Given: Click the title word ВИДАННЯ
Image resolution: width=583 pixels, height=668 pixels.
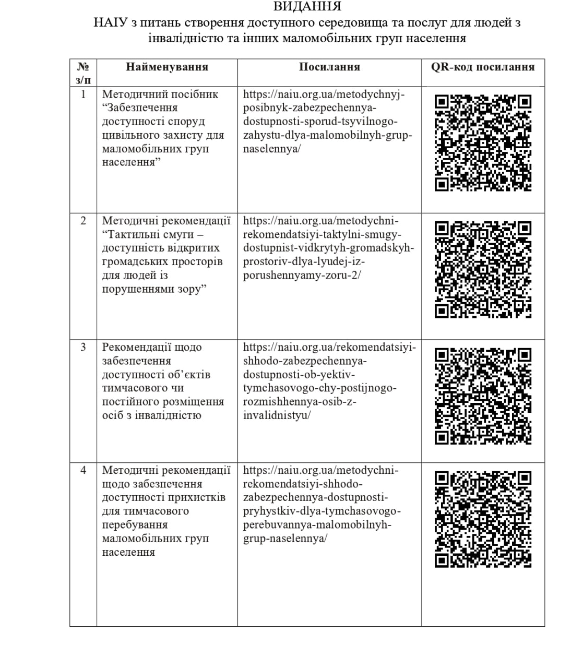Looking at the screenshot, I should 307,6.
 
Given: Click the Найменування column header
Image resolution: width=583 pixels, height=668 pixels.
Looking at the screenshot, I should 167,67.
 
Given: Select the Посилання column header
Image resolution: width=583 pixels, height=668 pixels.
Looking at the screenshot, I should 329,67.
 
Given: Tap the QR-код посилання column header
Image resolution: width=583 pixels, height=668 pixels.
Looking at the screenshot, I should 483,67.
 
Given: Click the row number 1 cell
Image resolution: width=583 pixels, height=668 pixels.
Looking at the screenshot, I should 83,94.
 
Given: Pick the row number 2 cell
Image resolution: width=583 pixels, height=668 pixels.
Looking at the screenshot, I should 83,221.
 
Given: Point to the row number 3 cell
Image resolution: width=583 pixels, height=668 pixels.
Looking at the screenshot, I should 83,347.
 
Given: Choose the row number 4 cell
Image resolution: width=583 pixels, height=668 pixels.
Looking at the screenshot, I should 83,470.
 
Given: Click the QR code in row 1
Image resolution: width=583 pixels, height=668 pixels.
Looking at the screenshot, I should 483,142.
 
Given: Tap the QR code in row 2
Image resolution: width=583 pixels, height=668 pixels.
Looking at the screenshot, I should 483,269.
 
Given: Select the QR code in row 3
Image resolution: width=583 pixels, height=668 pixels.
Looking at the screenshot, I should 483,396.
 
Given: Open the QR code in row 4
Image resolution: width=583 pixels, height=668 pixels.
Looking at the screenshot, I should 483,519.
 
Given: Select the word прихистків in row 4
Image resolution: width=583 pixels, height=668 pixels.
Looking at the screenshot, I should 198,497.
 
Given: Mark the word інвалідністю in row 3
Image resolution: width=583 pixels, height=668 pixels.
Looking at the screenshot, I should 166,415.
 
